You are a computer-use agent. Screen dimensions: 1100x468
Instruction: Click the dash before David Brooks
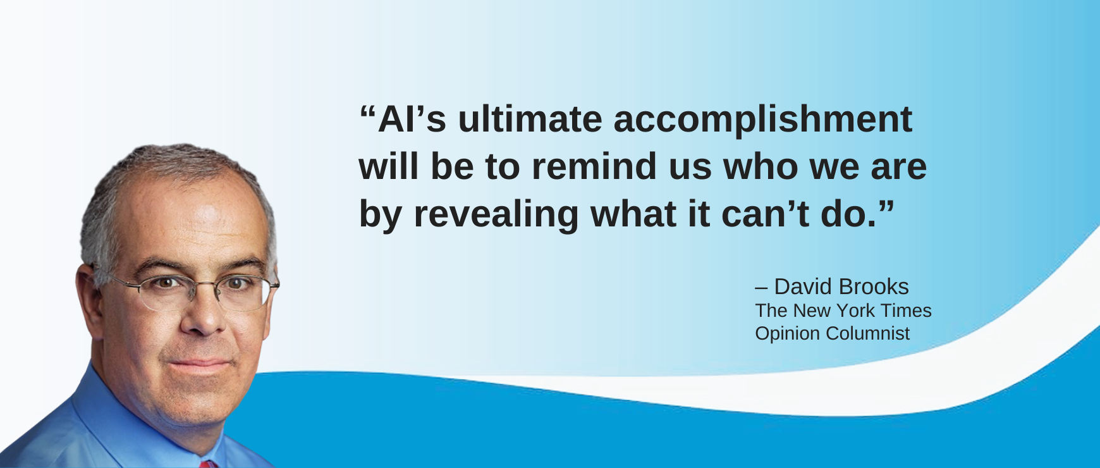761,289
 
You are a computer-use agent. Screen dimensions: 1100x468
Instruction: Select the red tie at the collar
208,464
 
